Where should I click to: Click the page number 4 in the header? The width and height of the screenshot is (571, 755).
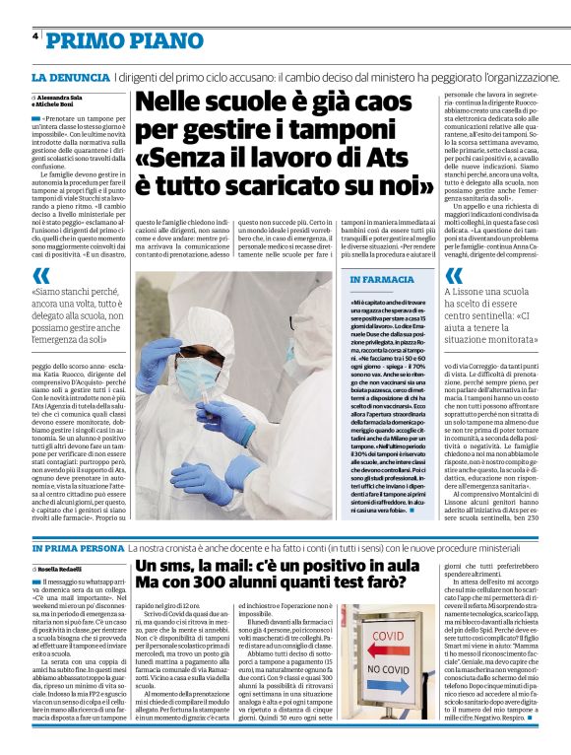35,36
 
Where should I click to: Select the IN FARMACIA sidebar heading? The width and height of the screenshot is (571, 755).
382,280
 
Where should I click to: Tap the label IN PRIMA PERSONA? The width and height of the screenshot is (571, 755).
78,547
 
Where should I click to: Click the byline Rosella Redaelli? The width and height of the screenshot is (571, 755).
62,570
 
